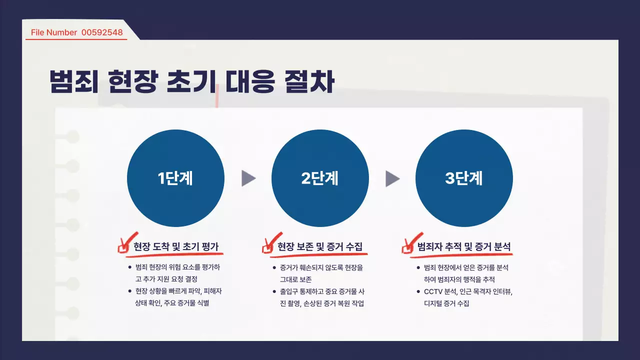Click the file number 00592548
102,32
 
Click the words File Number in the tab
54,32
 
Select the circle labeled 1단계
175,178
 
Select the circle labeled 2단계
320,178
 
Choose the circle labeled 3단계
464,178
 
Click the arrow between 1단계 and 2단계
248,178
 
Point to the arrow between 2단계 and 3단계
392,178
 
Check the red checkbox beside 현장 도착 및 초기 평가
123,246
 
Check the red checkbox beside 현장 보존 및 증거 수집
267,246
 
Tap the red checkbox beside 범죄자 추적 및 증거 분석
408,246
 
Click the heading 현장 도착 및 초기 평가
176,246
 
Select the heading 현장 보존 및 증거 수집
320,246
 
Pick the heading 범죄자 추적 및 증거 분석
464,246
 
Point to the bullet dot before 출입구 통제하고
274,291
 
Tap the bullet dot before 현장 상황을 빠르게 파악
130,291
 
